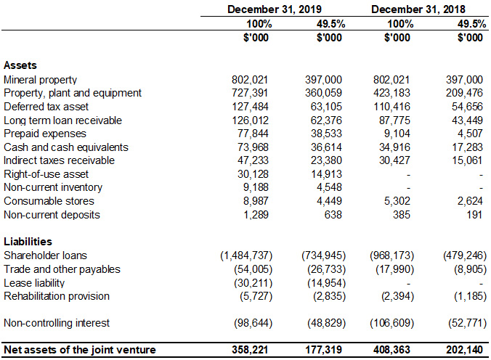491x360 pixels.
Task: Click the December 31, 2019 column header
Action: coord(274,9)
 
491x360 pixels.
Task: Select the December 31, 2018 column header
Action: coord(418,9)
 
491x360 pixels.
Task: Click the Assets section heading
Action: coord(20,65)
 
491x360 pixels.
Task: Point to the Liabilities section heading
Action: coord(28,242)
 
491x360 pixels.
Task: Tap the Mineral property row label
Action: coord(40,79)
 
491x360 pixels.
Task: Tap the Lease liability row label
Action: coord(36,282)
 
